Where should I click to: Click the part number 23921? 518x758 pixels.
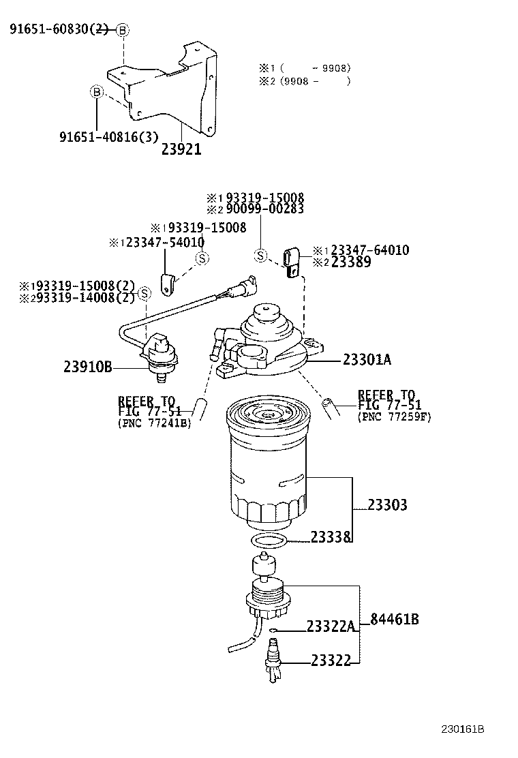click(181, 149)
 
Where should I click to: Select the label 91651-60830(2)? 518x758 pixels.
click(59, 29)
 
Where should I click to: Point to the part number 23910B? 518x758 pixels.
click(88, 367)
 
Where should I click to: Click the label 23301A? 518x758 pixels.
click(367, 360)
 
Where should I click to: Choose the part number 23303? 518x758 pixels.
click(387, 505)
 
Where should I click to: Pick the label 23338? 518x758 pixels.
click(331, 537)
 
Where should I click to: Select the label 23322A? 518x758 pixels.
click(331, 626)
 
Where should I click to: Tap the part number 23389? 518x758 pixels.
click(351, 262)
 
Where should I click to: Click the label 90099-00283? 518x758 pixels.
click(260, 209)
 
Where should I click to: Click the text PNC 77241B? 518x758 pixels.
click(155, 423)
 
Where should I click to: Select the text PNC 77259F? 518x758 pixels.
click(395, 416)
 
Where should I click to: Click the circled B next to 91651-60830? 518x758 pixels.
click(122, 30)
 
